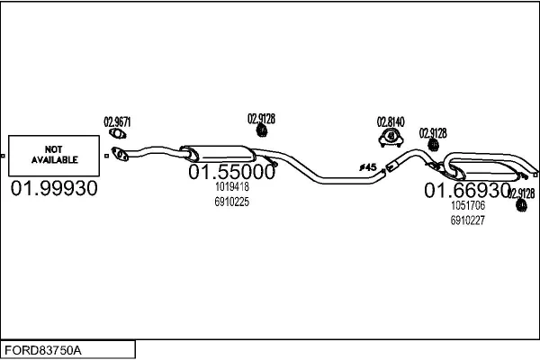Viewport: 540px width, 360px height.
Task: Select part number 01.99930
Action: [x=54, y=188]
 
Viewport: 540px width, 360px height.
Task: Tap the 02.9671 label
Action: [x=117, y=122]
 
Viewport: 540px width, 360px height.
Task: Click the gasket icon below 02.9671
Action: [x=117, y=133]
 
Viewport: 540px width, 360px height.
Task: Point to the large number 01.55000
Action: [x=232, y=172]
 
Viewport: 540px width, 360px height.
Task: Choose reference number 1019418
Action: [x=232, y=186]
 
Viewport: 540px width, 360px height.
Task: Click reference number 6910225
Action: [x=232, y=202]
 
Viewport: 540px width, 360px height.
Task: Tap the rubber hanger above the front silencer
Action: [x=262, y=130]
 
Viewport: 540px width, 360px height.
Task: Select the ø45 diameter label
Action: [x=368, y=167]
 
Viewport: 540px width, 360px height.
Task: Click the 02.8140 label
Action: [x=391, y=122]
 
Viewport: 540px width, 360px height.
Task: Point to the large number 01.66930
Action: [x=467, y=190]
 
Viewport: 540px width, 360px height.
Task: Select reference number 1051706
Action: [x=468, y=205]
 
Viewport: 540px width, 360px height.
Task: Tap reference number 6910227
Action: [x=468, y=220]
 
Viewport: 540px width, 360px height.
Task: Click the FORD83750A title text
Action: [x=43, y=350]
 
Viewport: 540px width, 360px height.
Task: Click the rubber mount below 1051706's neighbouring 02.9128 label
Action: [x=521, y=205]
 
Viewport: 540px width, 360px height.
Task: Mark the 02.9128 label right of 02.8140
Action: [x=433, y=133]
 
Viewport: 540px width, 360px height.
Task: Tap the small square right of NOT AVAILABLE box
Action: [x=106, y=156]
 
